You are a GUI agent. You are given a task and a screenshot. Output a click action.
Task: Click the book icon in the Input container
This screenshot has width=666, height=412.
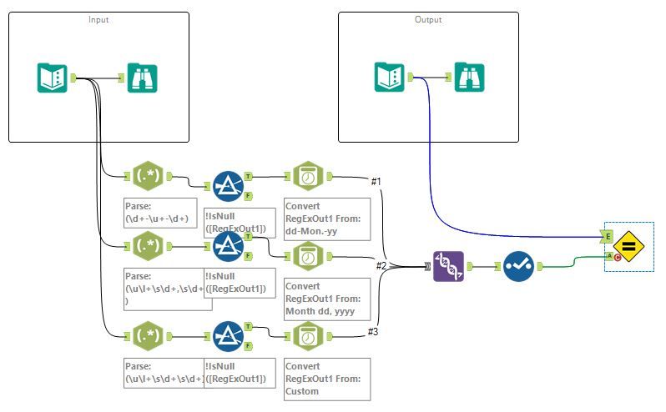click(52, 78)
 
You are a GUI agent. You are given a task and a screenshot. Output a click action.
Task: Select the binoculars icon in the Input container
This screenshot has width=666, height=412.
click(143, 78)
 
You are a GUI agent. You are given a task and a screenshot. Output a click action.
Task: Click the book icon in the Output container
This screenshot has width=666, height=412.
click(390, 78)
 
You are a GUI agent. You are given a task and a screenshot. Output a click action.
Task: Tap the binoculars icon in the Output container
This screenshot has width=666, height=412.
click(469, 78)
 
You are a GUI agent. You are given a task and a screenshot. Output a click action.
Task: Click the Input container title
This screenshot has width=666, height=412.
click(98, 18)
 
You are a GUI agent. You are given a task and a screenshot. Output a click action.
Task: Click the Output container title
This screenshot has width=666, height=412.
click(429, 18)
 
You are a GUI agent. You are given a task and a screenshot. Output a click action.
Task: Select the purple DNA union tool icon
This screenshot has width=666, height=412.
click(448, 266)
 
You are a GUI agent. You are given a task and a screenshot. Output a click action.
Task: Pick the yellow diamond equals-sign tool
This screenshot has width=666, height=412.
click(629, 247)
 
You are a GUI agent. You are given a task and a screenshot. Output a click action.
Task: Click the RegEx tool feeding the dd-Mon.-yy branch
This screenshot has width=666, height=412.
click(147, 176)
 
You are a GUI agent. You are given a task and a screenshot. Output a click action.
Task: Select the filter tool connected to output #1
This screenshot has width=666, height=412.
click(227, 185)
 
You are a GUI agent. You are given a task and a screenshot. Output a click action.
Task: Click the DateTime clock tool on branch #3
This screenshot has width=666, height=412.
click(307, 336)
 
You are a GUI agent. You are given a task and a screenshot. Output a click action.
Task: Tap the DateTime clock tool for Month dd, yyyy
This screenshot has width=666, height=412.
click(307, 257)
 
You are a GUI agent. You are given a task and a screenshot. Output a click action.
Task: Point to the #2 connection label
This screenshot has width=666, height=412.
click(380, 265)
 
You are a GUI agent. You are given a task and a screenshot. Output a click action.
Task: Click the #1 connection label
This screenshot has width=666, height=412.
click(375, 181)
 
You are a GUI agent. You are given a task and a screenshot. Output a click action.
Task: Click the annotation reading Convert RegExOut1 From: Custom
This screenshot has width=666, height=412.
click(326, 379)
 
